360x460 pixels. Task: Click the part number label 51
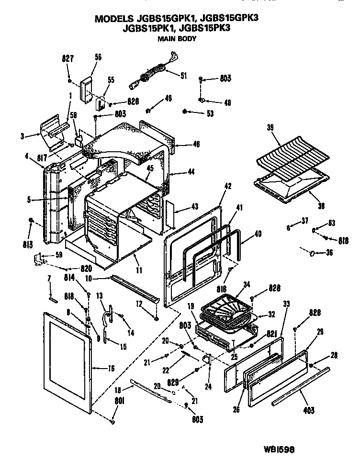click(x=184, y=75)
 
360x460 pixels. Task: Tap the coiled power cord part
click(x=151, y=74)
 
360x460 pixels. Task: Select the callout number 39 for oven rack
click(x=270, y=128)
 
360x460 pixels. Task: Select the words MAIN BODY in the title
click(x=177, y=39)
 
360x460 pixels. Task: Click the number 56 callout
click(x=98, y=56)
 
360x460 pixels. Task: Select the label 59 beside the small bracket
click(x=58, y=255)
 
